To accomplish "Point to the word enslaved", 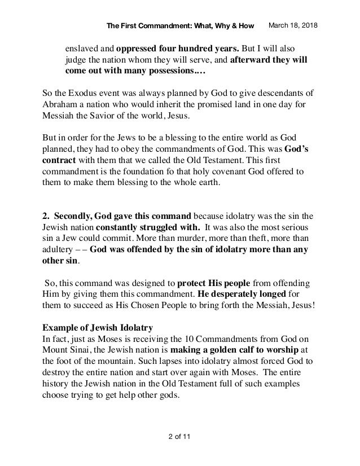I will [84, 47].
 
